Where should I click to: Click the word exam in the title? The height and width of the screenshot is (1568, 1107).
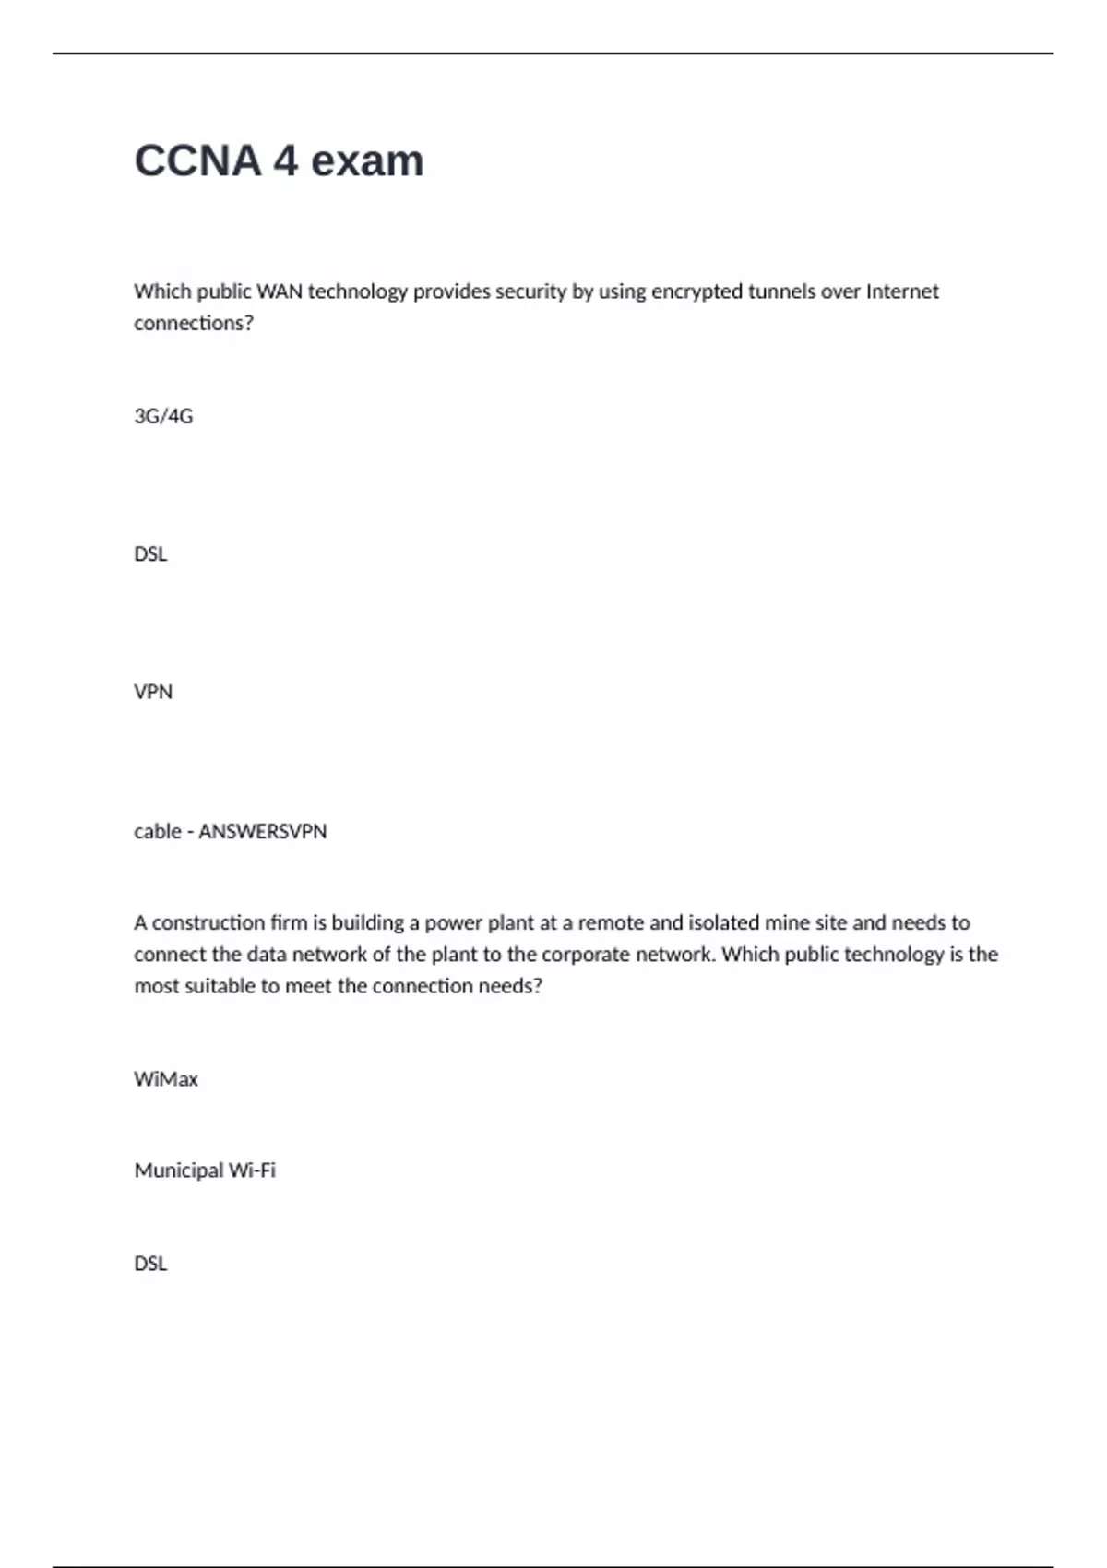coord(367,161)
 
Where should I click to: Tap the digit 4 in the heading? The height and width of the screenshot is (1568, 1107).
coord(286,161)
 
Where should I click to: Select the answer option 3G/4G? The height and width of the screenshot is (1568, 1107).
coord(163,416)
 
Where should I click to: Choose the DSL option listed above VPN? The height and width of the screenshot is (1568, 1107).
coord(150,554)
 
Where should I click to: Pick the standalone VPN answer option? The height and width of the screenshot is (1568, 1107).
coord(153,692)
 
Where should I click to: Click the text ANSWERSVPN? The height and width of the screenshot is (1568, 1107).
coord(263,831)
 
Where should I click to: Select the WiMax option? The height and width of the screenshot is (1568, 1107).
coord(166,1079)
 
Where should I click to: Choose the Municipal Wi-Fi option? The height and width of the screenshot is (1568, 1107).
coord(205,1170)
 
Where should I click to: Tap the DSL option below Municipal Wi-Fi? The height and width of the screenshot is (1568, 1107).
coord(150,1264)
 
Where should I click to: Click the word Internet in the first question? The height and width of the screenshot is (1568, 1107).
coord(902,291)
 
